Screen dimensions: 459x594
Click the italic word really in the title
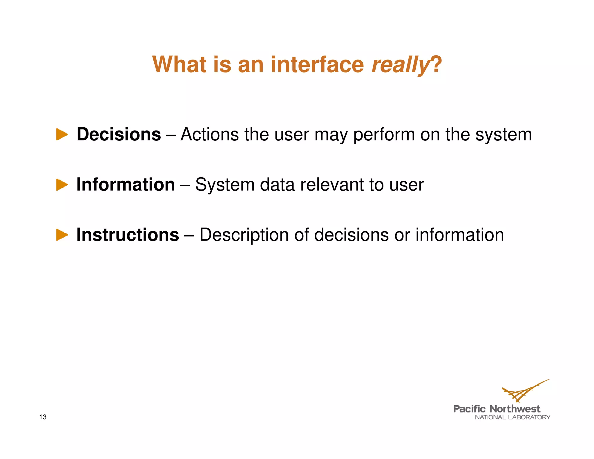400,64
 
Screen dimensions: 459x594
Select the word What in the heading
179,64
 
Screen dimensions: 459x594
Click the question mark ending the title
437,64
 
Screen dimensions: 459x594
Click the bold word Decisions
119,134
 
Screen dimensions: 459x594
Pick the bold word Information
126,185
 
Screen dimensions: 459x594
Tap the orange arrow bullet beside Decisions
62,134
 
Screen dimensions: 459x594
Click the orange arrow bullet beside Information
62,185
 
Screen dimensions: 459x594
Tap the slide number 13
43,417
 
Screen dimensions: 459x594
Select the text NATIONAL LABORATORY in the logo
512,417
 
